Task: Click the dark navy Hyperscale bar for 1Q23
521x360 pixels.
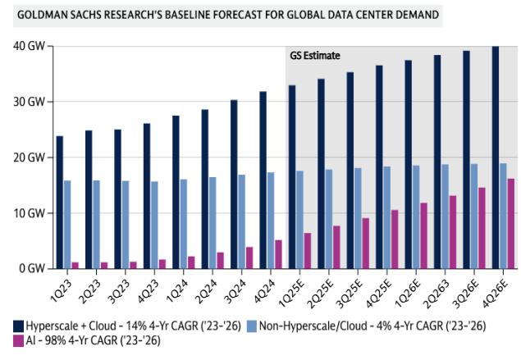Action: (x=60, y=202)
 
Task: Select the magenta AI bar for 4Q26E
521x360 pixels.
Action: (x=511, y=223)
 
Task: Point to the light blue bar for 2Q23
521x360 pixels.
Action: (x=97, y=224)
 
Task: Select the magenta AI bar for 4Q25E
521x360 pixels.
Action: (x=395, y=239)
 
